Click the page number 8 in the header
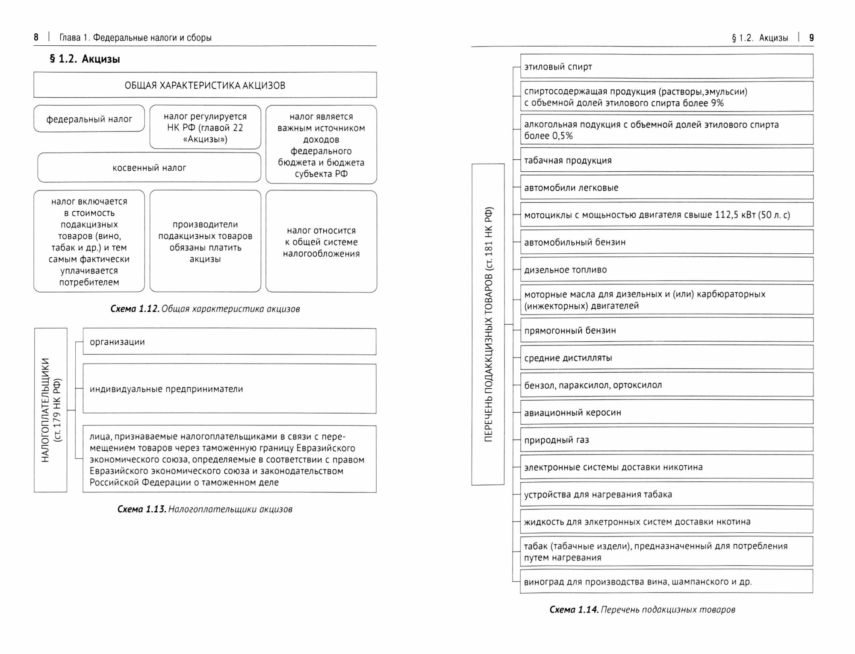[36, 38]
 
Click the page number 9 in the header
[811, 38]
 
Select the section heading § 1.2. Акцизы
[85, 59]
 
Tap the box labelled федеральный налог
[89, 119]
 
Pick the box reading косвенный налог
[149, 168]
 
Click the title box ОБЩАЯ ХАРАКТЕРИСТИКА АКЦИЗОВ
[205, 85]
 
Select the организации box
[229, 342]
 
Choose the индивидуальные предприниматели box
[229, 389]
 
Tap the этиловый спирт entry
[666, 67]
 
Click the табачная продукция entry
[666, 161]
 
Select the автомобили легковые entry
[666, 188]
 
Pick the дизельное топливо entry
[666, 270]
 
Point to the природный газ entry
[666, 440]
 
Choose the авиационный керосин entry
[666, 413]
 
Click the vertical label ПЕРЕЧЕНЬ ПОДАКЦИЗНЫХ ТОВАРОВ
[488, 325]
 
